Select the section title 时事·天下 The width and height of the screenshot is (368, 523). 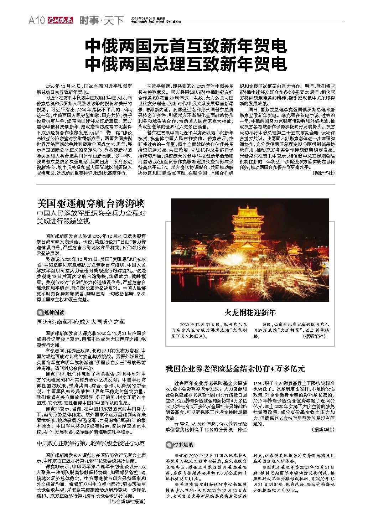101,21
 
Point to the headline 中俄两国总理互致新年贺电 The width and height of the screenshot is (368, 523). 186,64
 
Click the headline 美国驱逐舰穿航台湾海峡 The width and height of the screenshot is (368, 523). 91,204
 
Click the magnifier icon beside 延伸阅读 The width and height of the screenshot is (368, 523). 40,313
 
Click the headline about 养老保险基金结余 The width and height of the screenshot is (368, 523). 235,368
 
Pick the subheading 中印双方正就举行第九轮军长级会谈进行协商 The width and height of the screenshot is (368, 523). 91,444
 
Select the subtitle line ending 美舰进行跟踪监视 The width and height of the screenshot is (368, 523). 64,221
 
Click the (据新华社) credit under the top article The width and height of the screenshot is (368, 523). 323,173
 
